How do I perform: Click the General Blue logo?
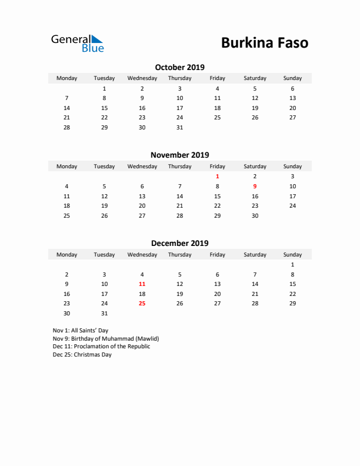(77, 43)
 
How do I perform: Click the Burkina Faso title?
(264, 42)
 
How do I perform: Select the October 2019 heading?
(179, 67)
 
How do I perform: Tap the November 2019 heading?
(179, 155)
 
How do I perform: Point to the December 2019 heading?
(179, 243)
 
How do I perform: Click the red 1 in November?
(217, 176)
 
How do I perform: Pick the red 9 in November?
(255, 186)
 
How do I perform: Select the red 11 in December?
(142, 284)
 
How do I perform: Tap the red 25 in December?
(142, 304)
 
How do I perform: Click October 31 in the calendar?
(179, 127)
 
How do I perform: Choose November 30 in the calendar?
(255, 215)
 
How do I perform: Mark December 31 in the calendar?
(104, 314)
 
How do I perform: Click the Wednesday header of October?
(142, 78)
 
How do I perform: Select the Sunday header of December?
(292, 255)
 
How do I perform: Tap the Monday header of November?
(66, 167)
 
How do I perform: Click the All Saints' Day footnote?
(81, 331)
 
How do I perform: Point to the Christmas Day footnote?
(82, 355)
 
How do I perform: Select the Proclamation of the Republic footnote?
(101, 347)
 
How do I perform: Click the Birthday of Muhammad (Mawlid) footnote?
(106, 339)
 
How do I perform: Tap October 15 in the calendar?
(104, 108)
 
